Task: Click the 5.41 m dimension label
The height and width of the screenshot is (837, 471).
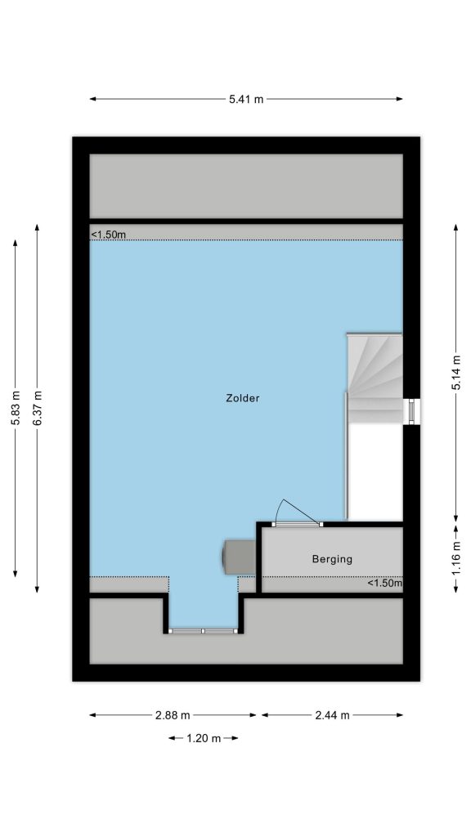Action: tap(246, 99)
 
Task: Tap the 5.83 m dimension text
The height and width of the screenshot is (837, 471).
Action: tap(16, 409)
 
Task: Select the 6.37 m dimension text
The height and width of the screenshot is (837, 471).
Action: tap(38, 409)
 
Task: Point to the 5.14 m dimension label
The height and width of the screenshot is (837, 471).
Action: tap(456, 373)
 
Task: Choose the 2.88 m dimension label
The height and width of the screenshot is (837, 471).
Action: tap(173, 715)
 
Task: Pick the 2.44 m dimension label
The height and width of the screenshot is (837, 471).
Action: tap(332, 715)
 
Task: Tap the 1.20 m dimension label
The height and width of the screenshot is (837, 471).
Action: tap(204, 739)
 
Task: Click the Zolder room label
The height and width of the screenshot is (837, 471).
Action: tap(243, 398)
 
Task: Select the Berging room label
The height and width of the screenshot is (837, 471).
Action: tap(332, 559)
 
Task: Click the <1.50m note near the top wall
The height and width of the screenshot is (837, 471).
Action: tap(109, 235)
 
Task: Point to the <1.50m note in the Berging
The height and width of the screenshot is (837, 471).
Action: tap(384, 583)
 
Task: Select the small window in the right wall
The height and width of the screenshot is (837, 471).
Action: tap(412, 412)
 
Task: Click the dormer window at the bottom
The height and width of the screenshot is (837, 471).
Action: tap(203, 631)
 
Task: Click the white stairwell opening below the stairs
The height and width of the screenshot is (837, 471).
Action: tap(376, 472)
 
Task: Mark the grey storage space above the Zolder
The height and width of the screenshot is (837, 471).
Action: tap(246, 186)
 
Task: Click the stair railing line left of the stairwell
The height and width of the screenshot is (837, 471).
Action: tap(347, 456)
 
